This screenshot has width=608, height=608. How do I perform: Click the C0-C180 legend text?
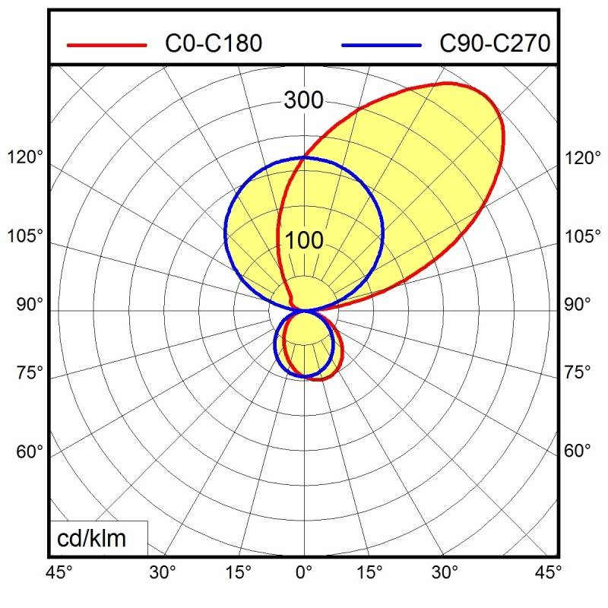pos(214,44)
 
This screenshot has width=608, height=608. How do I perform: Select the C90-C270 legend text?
pos(495,44)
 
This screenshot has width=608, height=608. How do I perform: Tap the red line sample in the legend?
pos(106,45)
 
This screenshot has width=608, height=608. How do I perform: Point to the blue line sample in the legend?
pos(382,45)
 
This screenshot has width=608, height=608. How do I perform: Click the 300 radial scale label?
pos(303,100)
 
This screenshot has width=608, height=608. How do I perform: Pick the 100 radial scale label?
pos(304,241)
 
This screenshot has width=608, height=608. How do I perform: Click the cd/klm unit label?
pos(92,539)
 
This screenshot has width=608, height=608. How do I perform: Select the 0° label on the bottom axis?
pos(304,571)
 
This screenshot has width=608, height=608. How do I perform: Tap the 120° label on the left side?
pos(26,159)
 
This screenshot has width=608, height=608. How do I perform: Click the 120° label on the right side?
pos(582,159)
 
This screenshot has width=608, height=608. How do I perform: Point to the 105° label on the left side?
pos(26,236)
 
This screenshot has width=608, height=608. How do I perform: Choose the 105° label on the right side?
pos(582,236)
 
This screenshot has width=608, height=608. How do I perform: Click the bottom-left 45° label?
pos(59,571)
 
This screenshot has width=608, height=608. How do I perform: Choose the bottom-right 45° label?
pos(548,571)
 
